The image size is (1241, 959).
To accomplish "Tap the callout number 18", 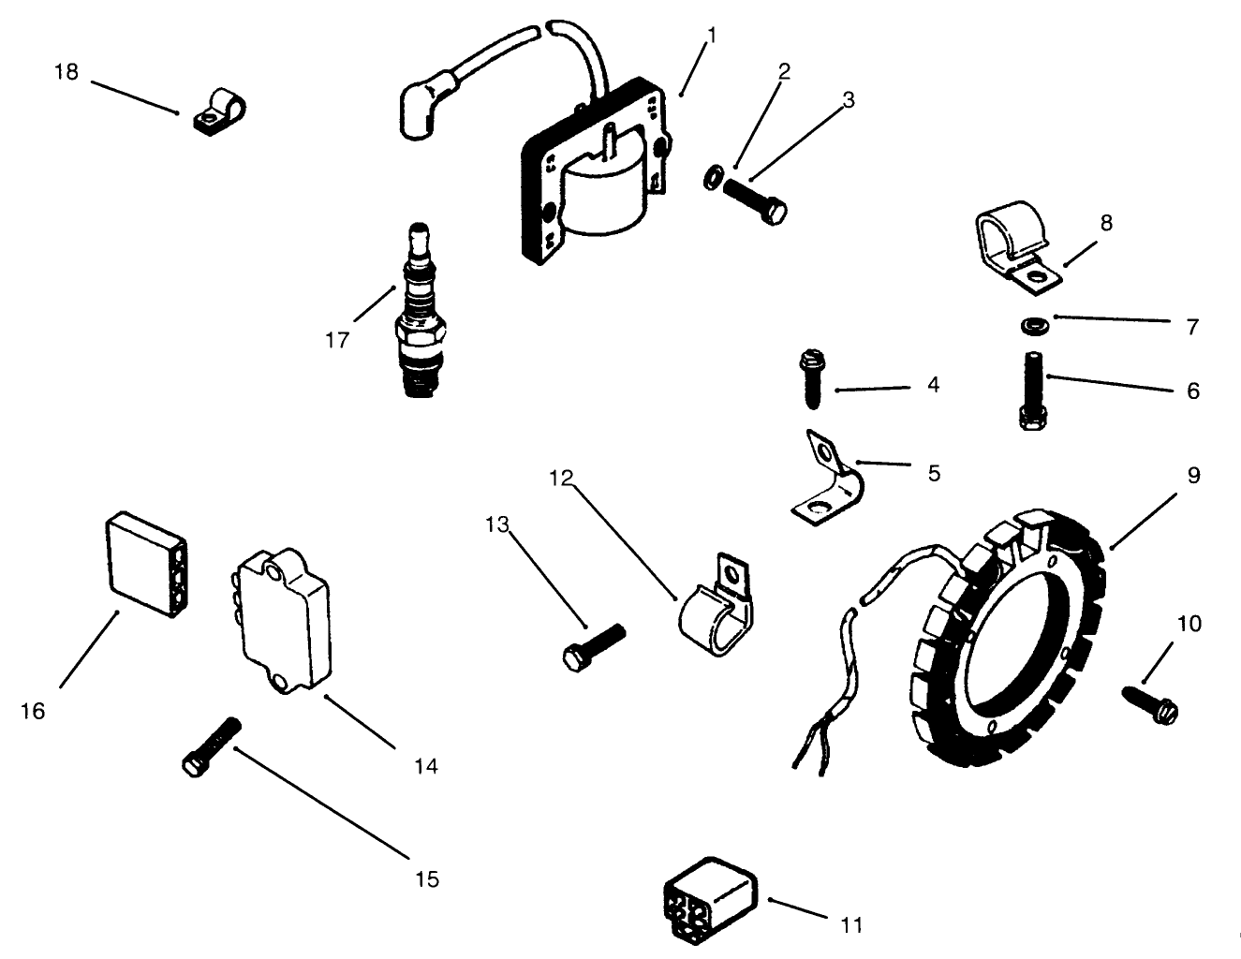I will pos(66,72).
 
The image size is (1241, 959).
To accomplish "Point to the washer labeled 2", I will pos(712,176).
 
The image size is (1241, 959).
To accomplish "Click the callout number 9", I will pos(1193,476).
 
